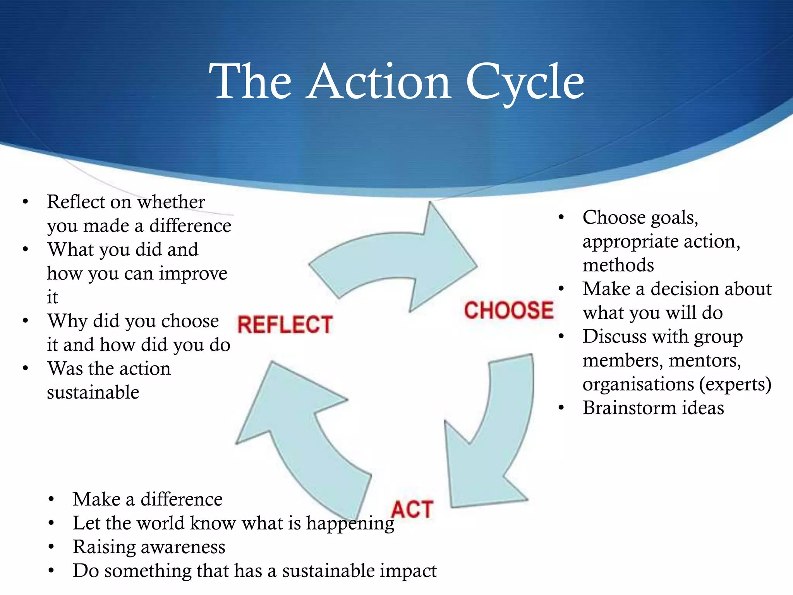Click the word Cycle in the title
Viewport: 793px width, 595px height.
(525, 82)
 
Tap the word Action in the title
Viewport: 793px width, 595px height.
(379, 82)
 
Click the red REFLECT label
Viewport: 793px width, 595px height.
(285, 324)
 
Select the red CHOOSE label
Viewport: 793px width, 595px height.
(509, 310)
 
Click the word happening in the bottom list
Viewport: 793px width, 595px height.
(350, 524)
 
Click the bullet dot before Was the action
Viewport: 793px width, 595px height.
(26, 368)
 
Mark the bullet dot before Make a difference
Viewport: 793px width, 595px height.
(51, 499)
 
